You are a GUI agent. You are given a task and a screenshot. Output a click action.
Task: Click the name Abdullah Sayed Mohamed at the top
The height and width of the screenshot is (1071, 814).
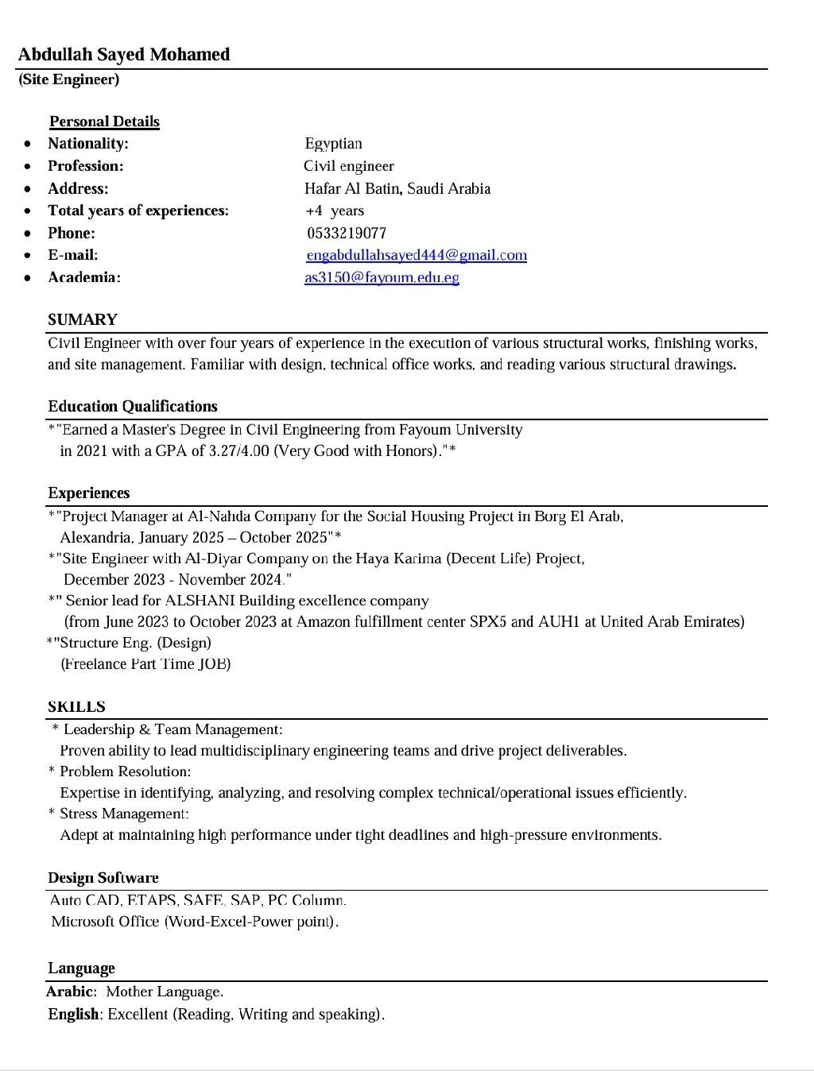pos(124,55)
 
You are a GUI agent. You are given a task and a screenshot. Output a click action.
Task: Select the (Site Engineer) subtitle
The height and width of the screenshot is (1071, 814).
pos(69,79)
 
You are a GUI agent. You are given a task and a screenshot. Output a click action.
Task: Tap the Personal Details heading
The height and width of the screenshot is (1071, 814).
pos(104,122)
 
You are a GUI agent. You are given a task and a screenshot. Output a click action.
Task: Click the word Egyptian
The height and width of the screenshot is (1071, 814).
pos(333,144)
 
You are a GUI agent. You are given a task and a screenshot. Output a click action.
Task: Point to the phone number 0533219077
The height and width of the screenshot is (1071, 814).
pos(347,233)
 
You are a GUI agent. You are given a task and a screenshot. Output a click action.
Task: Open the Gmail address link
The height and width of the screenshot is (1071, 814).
pos(417,255)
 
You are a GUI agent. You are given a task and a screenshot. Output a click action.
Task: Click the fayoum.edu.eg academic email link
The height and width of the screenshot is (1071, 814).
pos(382,277)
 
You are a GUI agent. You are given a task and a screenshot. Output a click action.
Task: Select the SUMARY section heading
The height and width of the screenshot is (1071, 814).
pos(83,320)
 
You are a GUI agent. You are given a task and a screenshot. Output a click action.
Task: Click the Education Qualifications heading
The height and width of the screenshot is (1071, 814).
pos(133,407)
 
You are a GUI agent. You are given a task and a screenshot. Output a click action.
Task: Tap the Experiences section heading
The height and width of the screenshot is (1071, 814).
pos(89,493)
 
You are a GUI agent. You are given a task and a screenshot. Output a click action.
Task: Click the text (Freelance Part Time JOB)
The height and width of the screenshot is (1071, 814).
pos(146,663)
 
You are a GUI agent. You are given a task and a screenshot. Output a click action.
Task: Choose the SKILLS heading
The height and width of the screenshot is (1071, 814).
pos(76,707)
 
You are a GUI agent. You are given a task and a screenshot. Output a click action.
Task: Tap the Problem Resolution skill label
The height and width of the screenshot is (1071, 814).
pos(125,771)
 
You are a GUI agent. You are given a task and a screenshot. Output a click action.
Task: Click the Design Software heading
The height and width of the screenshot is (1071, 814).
pos(103,878)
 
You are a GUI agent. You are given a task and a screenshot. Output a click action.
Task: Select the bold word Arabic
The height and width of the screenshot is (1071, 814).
pos(71,992)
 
